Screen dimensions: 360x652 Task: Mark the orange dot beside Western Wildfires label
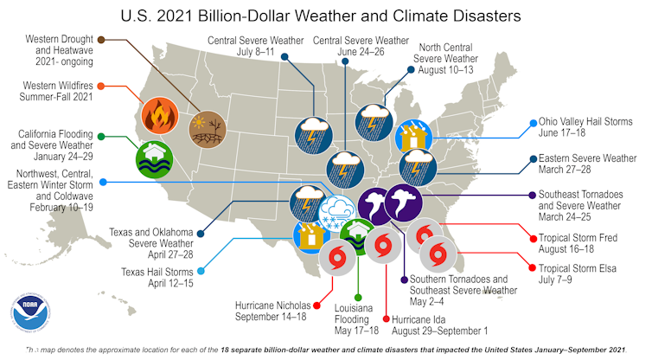pyautogui.click(x=101, y=87)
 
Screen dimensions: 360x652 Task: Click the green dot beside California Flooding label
pyautogui.click(x=101, y=136)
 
